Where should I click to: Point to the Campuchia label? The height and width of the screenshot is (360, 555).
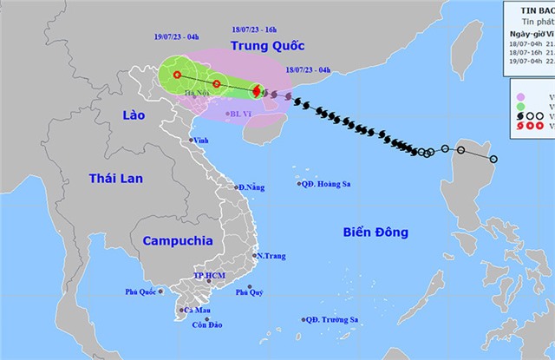point(166,240)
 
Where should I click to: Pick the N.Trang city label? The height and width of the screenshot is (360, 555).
point(270,255)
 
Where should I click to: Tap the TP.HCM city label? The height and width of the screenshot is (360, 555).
point(209,278)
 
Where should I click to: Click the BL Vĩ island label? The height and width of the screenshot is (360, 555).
point(238,114)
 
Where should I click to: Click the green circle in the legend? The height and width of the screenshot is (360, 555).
point(520,87)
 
